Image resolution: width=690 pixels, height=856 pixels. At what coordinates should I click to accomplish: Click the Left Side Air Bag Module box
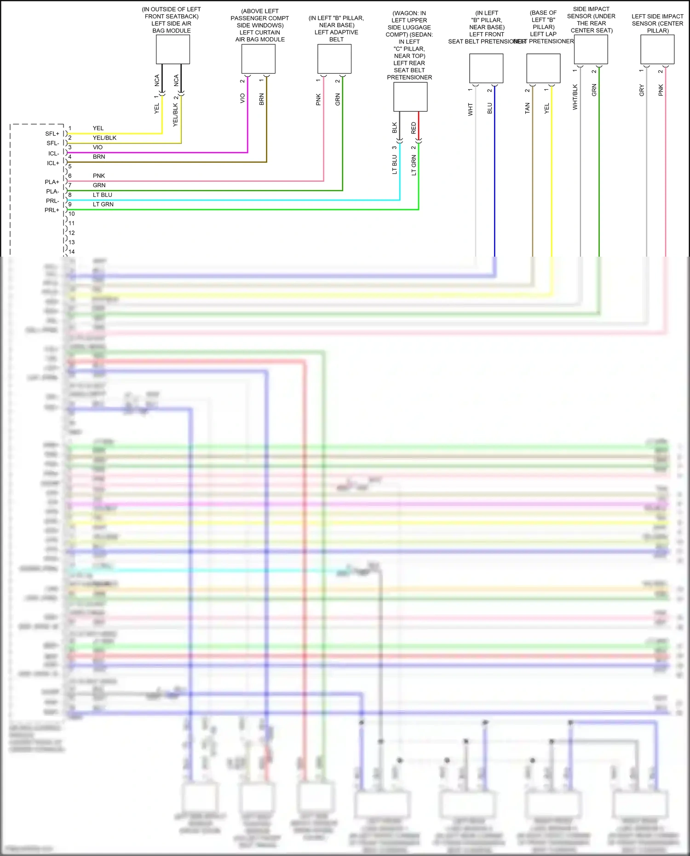point(172,49)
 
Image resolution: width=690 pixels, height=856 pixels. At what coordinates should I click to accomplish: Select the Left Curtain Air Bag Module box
point(258,59)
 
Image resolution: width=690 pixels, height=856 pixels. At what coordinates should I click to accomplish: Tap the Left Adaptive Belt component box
point(334,59)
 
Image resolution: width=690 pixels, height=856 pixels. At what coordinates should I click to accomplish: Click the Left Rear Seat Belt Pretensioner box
point(410,97)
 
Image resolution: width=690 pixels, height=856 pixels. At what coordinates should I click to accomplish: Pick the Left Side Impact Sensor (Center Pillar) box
point(657,49)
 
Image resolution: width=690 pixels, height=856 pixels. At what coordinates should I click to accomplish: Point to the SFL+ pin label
point(52,134)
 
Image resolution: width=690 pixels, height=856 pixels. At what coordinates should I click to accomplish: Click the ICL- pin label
point(53,153)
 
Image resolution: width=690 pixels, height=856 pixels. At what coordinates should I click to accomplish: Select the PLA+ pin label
point(52,182)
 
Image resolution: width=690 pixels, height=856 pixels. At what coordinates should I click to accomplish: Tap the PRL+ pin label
point(52,210)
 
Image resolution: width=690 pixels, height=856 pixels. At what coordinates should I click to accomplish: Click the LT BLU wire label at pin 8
point(103,195)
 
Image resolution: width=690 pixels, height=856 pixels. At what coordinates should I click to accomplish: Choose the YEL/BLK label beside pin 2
point(104,138)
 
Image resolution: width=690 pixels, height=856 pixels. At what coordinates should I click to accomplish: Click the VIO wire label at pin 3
point(98,147)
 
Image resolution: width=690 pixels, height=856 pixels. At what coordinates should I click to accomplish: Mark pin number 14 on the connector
point(71,252)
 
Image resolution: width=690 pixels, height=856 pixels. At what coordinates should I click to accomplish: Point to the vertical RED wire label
point(414,128)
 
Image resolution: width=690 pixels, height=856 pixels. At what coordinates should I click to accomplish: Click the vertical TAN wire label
point(527,109)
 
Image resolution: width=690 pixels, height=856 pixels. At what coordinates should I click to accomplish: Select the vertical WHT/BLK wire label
point(575,97)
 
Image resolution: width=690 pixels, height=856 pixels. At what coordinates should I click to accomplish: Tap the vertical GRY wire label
point(642,91)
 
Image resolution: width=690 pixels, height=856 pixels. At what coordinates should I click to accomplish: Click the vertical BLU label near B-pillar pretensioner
point(489,109)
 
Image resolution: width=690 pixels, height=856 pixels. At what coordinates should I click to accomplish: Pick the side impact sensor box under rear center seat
point(591,49)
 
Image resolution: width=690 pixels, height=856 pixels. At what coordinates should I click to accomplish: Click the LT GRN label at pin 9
point(103,204)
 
